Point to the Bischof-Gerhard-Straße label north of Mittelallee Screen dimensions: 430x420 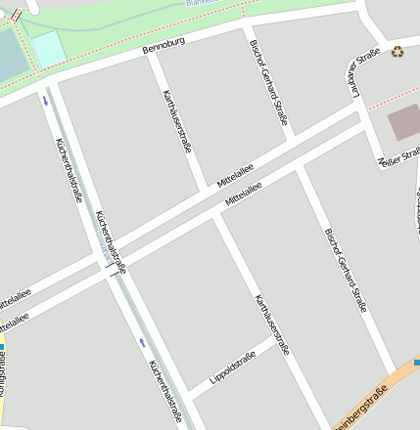point(267,83)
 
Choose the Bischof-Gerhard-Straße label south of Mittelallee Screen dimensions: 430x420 point(346,270)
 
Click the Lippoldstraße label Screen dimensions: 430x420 point(232,366)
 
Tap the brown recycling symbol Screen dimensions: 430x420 point(397,52)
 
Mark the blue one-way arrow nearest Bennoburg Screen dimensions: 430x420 point(44,99)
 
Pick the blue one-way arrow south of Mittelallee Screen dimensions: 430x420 point(143,342)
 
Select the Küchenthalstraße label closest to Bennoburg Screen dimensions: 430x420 point(69,169)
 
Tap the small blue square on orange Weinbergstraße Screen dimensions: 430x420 point(417,364)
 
